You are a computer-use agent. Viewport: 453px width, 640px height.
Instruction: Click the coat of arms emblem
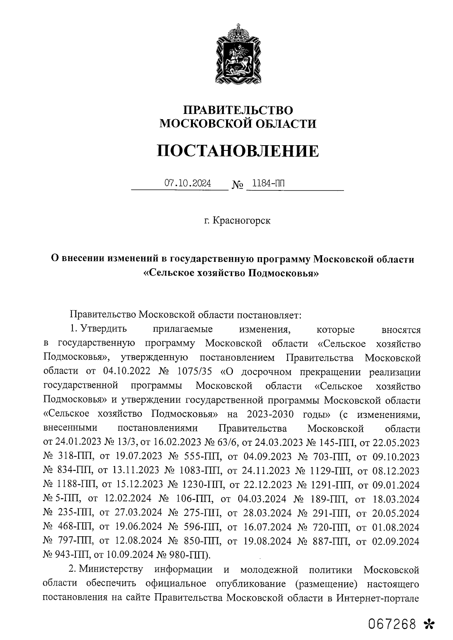pos(238,54)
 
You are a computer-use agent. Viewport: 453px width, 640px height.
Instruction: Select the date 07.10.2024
pos(188,184)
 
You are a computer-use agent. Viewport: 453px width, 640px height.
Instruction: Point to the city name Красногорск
pos(242,220)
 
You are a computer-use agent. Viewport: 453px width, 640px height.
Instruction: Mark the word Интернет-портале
pos(378,599)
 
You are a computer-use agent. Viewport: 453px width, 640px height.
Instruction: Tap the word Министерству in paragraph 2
pos(111,569)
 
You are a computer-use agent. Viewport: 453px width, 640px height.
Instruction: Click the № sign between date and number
pos(237,185)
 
